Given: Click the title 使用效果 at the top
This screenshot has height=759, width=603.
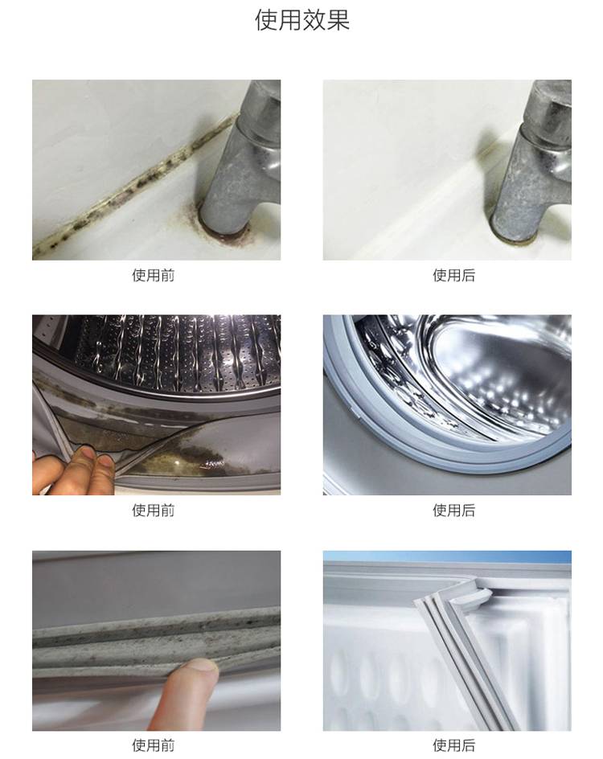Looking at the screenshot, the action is (302, 20).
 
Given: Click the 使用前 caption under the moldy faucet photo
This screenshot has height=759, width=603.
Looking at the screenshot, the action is (153, 276).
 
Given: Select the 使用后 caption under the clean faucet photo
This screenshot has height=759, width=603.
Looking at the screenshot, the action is (453, 276).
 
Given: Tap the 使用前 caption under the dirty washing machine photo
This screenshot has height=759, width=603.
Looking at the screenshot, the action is (153, 511).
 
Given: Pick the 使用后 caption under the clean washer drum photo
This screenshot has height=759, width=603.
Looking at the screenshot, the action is (453, 511).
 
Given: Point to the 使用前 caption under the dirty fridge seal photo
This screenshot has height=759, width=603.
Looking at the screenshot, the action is (153, 745).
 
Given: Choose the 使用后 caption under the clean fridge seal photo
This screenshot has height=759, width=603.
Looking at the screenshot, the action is (453, 745).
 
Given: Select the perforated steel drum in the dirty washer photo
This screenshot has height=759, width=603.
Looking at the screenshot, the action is (179, 353).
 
